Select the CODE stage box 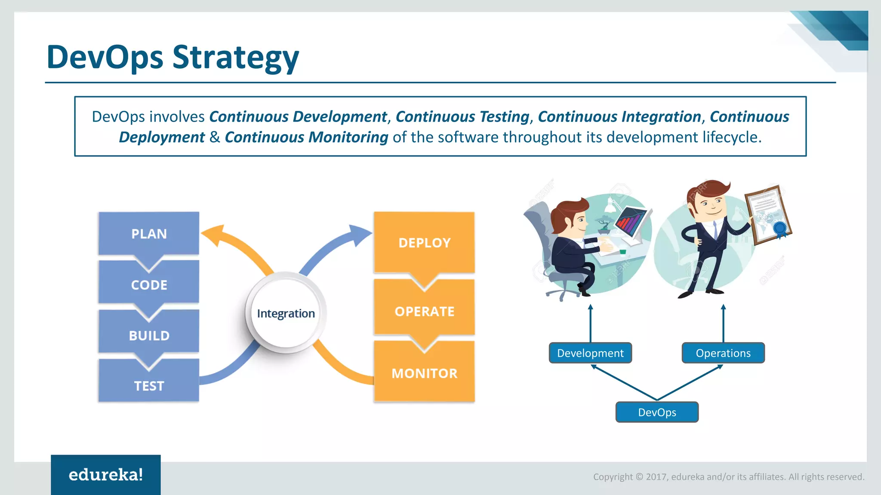tap(149, 284)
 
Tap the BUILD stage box tap(149, 335)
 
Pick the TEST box tap(149, 385)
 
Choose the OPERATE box tap(424, 311)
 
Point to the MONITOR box tap(424, 373)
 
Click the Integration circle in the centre tap(286, 313)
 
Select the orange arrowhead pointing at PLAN tap(213, 235)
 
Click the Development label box tap(590, 353)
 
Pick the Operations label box tap(723, 353)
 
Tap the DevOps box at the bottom tap(657, 412)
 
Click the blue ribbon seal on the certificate tap(780, 228)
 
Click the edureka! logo tap(106, 475)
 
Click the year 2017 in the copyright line tap(656, 477)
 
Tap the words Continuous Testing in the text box tap(462, 116)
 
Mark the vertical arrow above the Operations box tap(723, 323)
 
